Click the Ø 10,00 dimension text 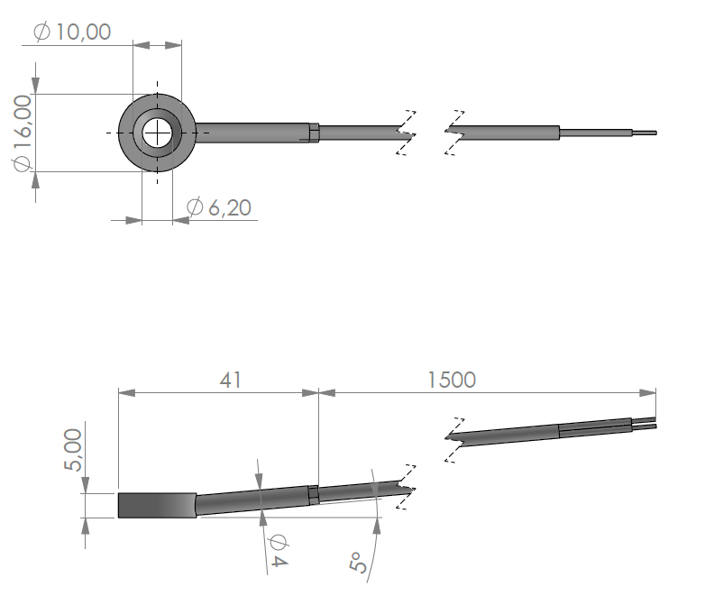[72, 32]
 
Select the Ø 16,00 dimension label [23, 133]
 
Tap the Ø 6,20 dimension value [219, 207]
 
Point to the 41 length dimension [230, 381]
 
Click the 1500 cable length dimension [452, 381]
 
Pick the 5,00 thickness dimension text [73, 450]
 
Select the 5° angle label [358, 562]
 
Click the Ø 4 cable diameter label [278, 551]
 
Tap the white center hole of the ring [157, 133]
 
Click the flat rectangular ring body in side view [157, 506]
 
